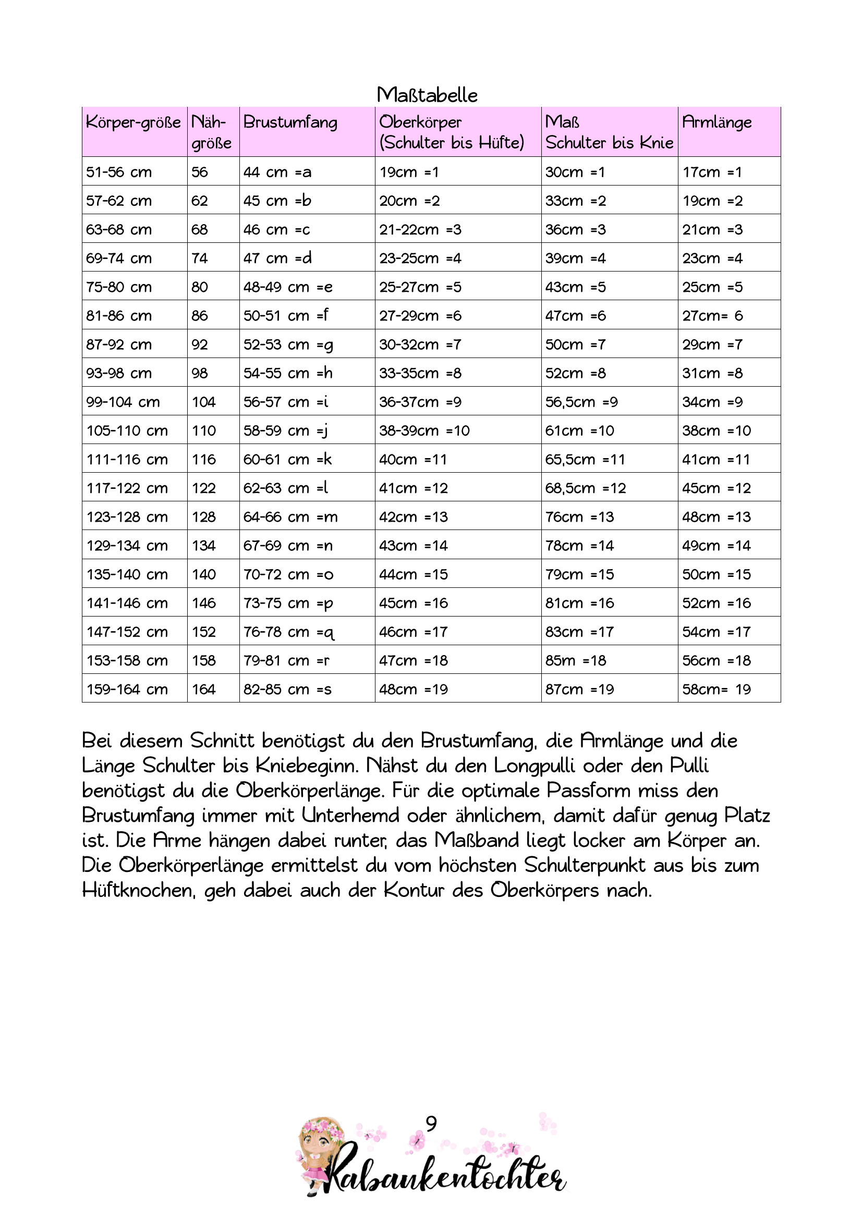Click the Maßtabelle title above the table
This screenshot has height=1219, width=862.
coord(427,95)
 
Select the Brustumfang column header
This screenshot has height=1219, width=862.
coord(290,122)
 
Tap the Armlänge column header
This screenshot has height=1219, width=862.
coord(717,122)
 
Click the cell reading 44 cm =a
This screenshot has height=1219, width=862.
coord(277,172)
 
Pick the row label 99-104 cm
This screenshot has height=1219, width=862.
coord(123,402)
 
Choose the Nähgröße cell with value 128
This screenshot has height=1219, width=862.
coord(204,516)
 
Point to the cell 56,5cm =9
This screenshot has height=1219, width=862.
coord(581,402)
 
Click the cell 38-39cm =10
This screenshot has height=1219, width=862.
coord(424,430)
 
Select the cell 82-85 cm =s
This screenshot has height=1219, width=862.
coord(287,689)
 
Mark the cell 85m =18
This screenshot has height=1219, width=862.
coord(575,660)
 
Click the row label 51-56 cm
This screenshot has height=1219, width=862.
coord(119,172)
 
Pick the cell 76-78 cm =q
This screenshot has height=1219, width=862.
coord(288,632)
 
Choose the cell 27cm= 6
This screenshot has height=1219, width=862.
coord(713,316)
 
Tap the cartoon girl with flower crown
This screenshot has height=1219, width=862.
coord(320,1158)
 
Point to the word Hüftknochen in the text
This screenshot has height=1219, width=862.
coord(138,890)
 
